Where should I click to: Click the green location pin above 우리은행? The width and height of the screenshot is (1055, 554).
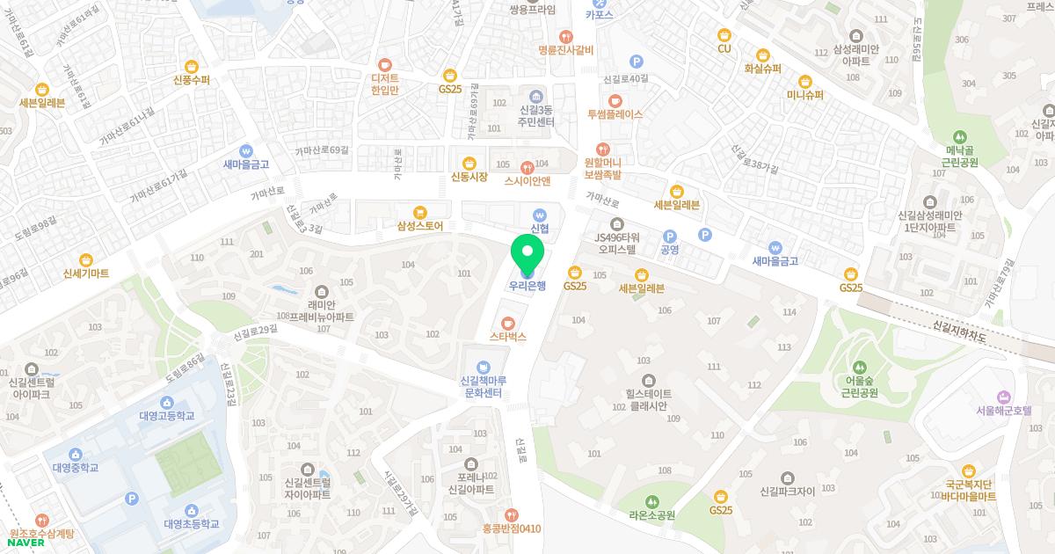527,253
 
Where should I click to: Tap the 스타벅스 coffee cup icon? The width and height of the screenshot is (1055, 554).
508,323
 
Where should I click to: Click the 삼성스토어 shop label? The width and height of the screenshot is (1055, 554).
419,226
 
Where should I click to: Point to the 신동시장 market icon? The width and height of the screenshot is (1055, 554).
469,163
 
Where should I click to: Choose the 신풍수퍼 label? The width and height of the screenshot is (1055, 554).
192,80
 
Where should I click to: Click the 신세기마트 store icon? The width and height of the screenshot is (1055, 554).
86,259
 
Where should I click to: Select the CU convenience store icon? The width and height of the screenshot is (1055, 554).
724,34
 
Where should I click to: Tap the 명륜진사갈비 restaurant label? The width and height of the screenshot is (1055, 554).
567,50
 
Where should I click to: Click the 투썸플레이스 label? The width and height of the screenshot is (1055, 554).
615,114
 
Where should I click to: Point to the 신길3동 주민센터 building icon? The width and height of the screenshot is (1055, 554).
536,96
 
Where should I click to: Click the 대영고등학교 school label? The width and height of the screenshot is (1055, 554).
166,415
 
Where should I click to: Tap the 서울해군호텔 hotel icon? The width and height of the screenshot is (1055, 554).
1002,396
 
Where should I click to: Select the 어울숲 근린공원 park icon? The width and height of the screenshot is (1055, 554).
856,366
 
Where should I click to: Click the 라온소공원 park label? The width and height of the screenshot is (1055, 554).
651,515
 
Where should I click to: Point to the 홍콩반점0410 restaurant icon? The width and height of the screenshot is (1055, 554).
512,514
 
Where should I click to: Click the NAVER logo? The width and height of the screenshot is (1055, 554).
26,543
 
